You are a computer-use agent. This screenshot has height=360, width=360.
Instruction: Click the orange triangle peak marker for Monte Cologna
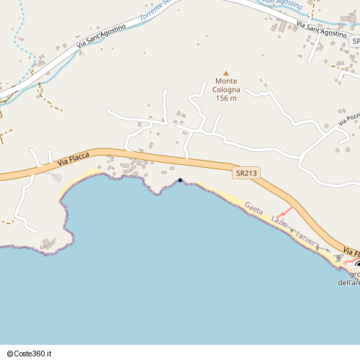tap(225, 73)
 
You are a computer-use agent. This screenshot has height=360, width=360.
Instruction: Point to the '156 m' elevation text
tap(226, 98)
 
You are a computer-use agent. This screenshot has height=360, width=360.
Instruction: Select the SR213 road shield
tap(246, 173)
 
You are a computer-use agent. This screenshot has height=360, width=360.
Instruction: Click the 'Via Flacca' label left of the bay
tap(73, 162)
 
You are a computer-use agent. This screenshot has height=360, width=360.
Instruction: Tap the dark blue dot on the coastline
tap(180, 180)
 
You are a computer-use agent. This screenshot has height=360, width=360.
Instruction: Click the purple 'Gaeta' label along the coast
tap(254, 208)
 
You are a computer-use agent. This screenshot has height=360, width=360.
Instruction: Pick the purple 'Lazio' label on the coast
tap(279, 221)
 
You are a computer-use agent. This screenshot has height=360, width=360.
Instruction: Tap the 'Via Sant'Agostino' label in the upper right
tap(322, 29)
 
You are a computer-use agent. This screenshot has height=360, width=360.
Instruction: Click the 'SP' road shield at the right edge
tap(356, 42)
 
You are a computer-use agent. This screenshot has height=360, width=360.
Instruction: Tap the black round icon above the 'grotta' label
tap(358, 266)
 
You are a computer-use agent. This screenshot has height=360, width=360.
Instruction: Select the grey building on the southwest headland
tap(48, 244)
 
